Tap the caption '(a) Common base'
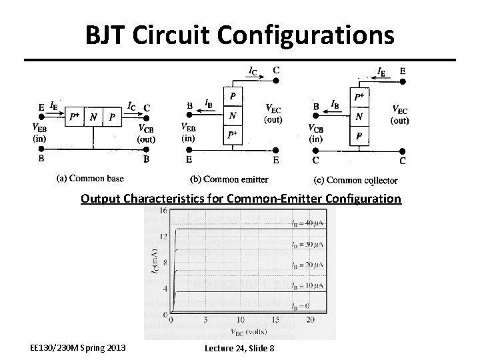[91, 178]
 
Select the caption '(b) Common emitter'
[229, 179]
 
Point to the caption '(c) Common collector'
[355, 179]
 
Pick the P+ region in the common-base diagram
[75, 117]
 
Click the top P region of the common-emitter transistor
[232, 96]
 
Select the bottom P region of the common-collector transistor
[359, 137]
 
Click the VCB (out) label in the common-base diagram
[147, 133]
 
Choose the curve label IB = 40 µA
[307, 222]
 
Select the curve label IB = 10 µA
[307, 285]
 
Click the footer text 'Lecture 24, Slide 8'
[239, 348]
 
